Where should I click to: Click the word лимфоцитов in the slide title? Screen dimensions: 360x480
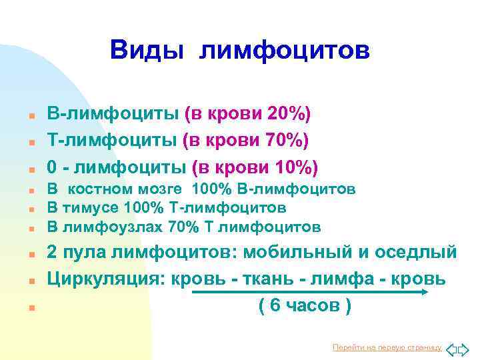click(x=284, y=49)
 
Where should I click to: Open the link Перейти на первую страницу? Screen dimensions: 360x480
click(x=387, y=347)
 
